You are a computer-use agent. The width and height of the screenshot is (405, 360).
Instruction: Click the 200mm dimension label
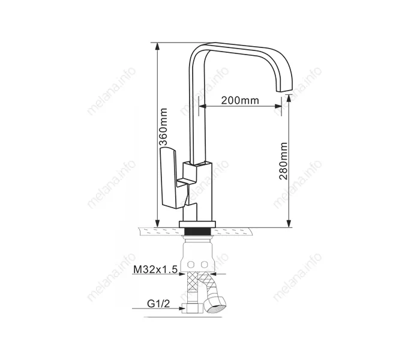[x=240, y=100]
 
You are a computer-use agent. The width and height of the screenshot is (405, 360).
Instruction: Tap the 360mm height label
[x=163, y=127]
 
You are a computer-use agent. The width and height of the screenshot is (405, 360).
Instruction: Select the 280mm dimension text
[x=283, y=161]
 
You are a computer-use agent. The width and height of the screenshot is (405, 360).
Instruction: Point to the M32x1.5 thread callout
[x=155, y=269]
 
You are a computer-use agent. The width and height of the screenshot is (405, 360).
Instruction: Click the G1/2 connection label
[x=158, y=304]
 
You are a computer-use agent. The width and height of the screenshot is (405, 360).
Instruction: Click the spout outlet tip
[x=284, y=89]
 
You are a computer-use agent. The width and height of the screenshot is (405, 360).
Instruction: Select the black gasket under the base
[x=197, y=231]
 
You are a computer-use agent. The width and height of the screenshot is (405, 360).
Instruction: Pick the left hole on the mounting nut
[x=191, y=265]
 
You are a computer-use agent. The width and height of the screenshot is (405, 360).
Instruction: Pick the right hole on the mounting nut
[x=205, y=265]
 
